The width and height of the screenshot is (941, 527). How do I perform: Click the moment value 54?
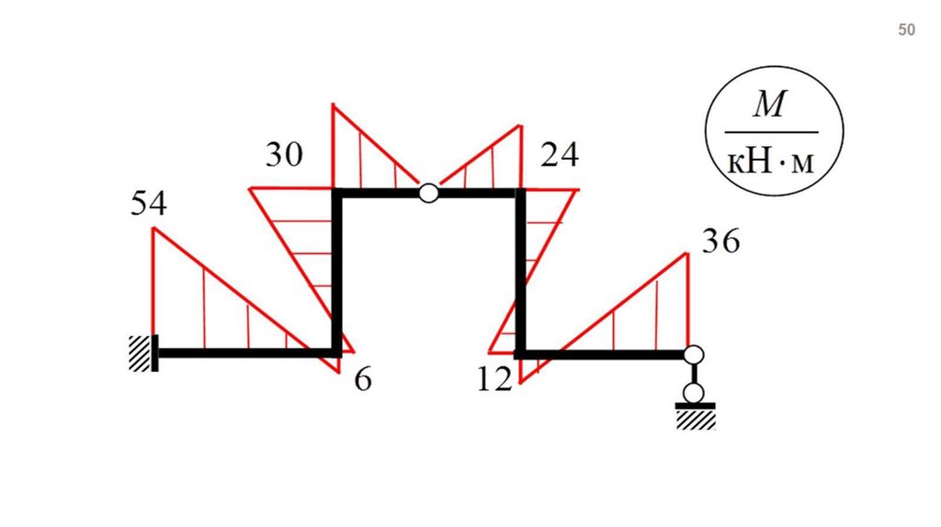coord(149,203)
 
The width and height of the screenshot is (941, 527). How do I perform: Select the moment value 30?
coord(285,154)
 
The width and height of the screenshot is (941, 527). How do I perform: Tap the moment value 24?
coord(560,154)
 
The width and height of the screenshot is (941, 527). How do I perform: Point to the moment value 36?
coord(721,241)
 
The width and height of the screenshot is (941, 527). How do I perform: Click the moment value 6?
coord(363,379)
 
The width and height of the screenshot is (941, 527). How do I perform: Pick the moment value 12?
coord(495,379)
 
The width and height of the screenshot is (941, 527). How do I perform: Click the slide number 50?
coord(906,29)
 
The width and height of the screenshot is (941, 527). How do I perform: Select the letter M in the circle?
coord(769,105)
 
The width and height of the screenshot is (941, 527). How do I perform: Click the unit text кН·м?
coord(771,162)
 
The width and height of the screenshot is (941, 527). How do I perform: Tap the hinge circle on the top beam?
coord(428,193)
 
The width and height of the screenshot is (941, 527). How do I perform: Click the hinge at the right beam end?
coord(695,355)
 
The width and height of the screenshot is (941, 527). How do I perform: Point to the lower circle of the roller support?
coord(695,394)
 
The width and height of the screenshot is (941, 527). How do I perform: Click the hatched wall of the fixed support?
coord(140,353)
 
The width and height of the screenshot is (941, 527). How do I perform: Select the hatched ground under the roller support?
coord(697,420)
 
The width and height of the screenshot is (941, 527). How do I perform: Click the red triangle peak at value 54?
coord(153,228)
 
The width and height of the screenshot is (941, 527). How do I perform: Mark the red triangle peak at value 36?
coord(687,253)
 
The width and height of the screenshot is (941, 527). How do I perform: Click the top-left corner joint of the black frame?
coord(337,193)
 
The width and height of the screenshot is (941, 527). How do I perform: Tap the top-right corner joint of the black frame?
coord(520,193)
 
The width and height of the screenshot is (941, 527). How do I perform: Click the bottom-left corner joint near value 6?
coord(337,353)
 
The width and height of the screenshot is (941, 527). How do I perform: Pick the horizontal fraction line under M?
coord(771,132)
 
